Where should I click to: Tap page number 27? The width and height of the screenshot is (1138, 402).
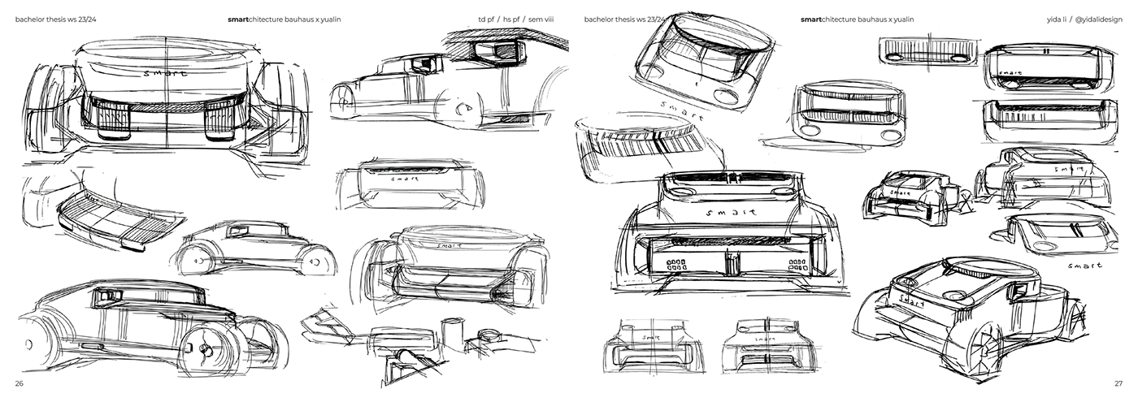[1118, 383]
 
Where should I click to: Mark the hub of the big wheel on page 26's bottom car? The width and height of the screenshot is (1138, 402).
[201, 348]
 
